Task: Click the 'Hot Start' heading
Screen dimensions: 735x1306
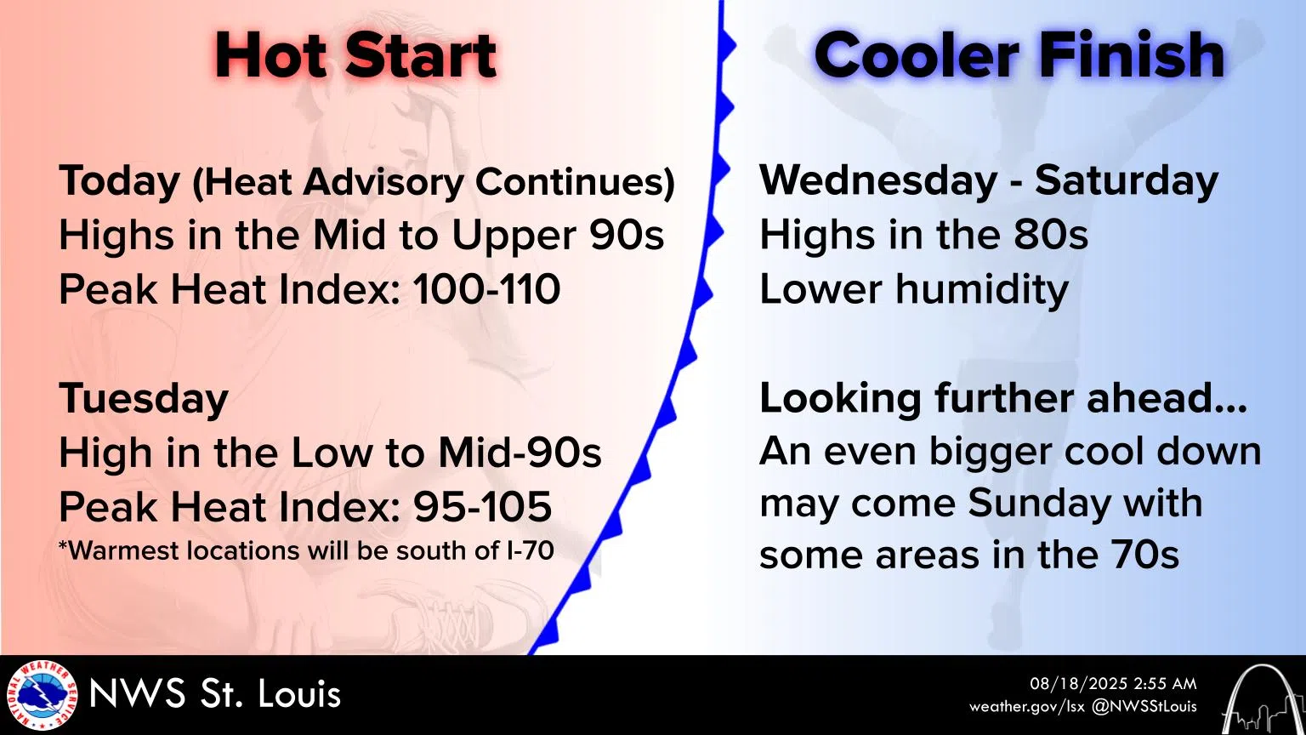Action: click(x=355, y=56)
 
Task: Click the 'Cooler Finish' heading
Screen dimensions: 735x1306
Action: click(x=1019, y=56)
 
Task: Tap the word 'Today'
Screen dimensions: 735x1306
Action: click(x=119, y=181)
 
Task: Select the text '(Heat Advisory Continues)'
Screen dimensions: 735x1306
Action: click(x=433, y=182)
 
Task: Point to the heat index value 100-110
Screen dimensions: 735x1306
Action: click(x=486, y=289)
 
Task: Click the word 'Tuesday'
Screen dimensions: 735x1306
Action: click(x=143, y=398)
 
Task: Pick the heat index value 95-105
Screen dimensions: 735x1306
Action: click(x=482, y=507)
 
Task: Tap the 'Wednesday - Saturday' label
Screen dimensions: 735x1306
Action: click(x=988, y=180)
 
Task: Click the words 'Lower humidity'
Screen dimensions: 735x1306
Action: click(x=913, y=289)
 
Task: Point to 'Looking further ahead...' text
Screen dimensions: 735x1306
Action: click(x=1002, y=398)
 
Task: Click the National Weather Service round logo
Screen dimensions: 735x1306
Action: click(x=41, y=695)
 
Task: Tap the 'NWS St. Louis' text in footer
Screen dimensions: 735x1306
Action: click(x=214, y=694)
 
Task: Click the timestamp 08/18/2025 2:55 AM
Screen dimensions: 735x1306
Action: click(x=1113, y=684)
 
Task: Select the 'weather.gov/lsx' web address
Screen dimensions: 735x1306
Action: click(x=1026, y=707)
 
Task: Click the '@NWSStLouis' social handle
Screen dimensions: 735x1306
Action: click(x=1144, y=707)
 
